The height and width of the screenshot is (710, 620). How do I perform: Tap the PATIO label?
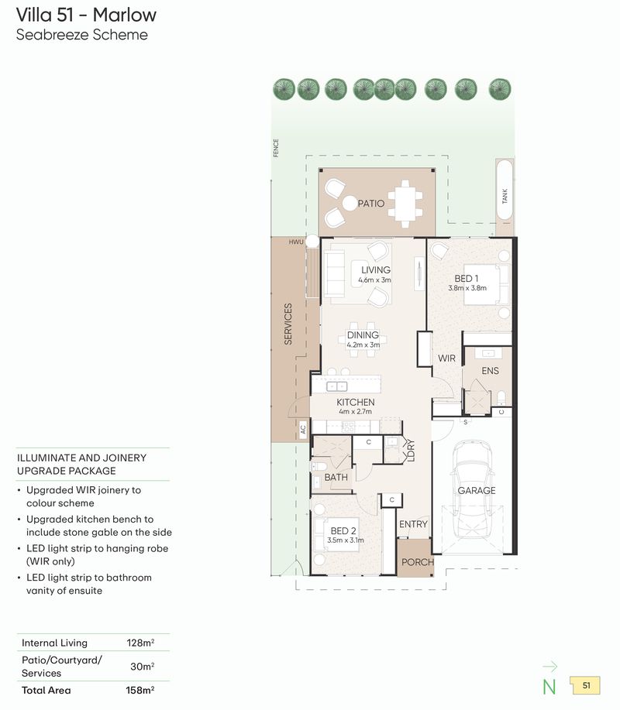[x=370, y=204]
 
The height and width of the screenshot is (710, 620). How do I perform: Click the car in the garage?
[x=472, y=490]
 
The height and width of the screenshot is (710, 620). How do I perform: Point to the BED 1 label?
[x=466, y=279]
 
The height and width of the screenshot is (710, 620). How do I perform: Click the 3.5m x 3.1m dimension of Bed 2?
[x=346, y=540]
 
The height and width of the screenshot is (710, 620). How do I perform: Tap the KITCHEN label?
[x=355, y=403]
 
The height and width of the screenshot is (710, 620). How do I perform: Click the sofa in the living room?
[x=335, y=271]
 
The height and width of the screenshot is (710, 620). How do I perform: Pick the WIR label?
[x=446, y=358]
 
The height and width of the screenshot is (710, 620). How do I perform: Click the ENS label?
[x=490, y=371]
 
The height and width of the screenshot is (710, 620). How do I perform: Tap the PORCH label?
[x=417, y=562]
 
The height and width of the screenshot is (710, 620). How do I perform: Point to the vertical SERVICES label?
[x=288, y=324]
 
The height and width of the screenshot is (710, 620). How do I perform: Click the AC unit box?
[x=303, y=428]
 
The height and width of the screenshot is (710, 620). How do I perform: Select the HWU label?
[x=296, y=242]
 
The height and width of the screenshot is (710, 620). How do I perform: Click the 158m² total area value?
[x=140, y=690]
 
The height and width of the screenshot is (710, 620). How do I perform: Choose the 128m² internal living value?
[x=140, y=643]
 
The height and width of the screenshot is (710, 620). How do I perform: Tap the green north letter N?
[x=549, y=685]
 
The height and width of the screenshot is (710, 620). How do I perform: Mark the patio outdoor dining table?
[x=405, y=201]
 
